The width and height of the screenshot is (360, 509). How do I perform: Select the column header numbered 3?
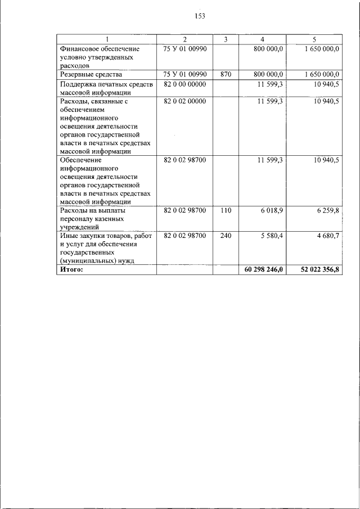coord(226,39)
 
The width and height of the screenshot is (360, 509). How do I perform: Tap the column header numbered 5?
coord(314,39)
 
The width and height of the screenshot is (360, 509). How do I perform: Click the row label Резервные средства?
coord(91,74)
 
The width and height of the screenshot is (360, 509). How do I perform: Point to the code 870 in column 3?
coord(226,74)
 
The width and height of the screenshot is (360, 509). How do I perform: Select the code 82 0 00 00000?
coord(185,84)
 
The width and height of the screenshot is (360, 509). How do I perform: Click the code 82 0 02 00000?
coord(185,101)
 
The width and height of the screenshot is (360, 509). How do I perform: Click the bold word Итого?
coord(71,271)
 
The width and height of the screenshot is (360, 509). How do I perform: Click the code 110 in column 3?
coord(226,210)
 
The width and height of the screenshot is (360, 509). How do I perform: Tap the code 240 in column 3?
coord(226,236)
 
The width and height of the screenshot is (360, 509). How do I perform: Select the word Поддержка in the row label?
coord(78,84)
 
